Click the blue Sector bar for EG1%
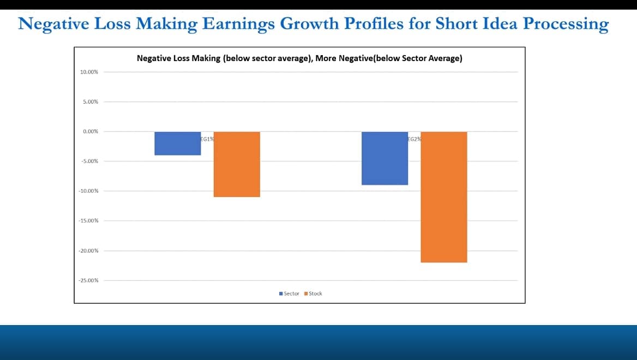[x=178, y=143]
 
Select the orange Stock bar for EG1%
[x=237, y=164]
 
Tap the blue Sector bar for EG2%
[x=384, y=158]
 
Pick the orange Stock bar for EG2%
[x=444, y=197]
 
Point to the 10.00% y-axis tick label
[x=89, y=72]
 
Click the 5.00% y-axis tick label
[x=91, y=101]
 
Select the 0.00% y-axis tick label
[x=91, y=131]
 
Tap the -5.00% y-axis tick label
[x=90, y=161]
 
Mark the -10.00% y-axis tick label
[x=88, y=191]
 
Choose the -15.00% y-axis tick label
[x=88, y=220]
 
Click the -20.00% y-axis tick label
[x=88, y=251]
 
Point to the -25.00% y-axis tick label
[x=88, y=280]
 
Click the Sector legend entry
[x=289, y=293]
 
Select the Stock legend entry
[x=313, y=293]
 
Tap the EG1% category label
[x=207, y=139]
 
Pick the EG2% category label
[x=414, y=139]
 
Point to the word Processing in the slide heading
[x=566, y=24]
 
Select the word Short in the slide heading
[x=456, y=23]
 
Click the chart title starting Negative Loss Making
[x=299, y=58]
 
